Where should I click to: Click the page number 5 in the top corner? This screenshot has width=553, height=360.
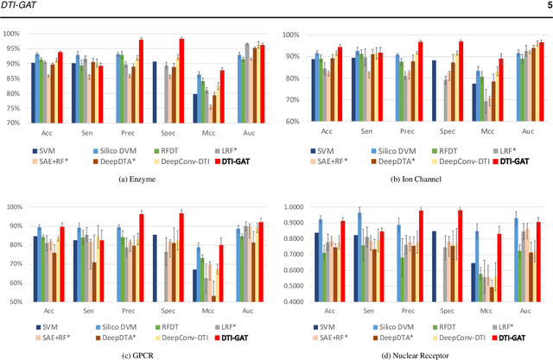[x=545, y=7]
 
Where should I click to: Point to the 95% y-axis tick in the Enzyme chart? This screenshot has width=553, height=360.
[x=11, y=48]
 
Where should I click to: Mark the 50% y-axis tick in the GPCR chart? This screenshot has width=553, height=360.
[x=11, y=302]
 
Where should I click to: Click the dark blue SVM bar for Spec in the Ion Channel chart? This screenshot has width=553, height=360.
[x=435, y=91]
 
